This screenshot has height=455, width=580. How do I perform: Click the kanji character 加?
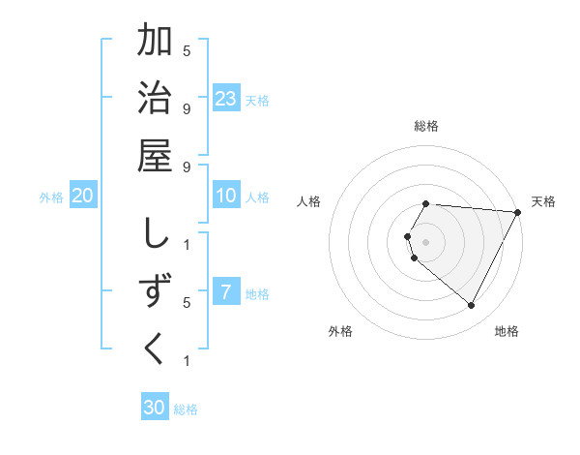click(155, 42)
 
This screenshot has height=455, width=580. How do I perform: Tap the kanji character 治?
click(155, 100)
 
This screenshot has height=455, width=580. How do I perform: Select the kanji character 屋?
click(155, 158)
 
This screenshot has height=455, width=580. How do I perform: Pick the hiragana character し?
click(155, 234)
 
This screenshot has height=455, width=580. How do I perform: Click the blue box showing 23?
click(226, 98)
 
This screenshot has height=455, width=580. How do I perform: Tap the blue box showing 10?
click(226, 196)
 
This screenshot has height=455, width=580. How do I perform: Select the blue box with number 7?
click(226, 292)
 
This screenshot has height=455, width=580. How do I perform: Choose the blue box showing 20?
click(83, 196)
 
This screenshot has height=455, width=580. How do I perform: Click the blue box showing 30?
click(155, 408)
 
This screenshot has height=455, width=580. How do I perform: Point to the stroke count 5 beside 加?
click(187, 49)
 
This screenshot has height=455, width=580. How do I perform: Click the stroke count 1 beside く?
click(187, 361)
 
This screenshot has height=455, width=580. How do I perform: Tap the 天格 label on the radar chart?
click(543, 201)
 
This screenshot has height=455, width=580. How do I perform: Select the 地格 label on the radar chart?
click(507, 332)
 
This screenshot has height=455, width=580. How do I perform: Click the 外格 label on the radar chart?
click(340, 332)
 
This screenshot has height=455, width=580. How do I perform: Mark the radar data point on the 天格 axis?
click(518, 212)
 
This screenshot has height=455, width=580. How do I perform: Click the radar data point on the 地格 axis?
click(472, 306)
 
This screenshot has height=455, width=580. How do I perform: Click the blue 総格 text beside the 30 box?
click(187, 409)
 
